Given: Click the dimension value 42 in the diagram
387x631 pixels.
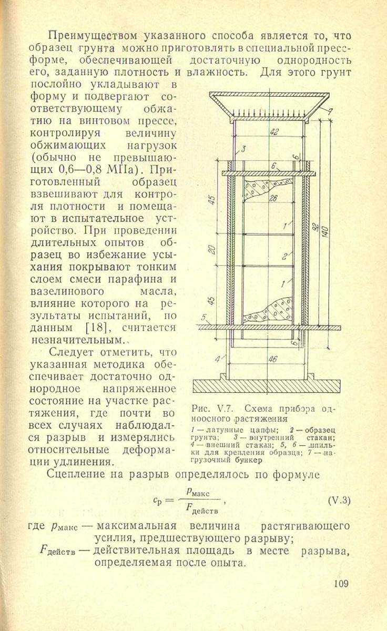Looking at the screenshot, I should (x=274, y=132).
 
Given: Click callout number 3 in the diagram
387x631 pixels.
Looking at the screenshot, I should (x=243, y=149).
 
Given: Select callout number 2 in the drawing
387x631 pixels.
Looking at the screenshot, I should (x=283, y=257).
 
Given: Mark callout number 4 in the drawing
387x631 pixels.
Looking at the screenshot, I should (x=217, y=360).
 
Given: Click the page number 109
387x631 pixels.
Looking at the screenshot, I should (x=342, y=583).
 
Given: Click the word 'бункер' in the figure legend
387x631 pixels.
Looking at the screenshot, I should (x=245, y=460).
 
